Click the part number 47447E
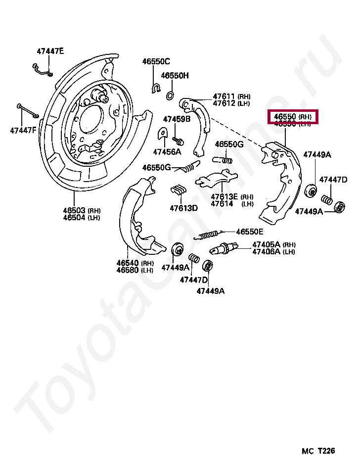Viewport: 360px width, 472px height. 50,51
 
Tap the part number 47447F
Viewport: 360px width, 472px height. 23,131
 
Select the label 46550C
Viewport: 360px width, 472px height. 156,61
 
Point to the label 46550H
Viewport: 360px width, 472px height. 175,76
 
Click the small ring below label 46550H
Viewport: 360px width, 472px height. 170,94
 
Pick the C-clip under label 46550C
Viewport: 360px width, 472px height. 155,89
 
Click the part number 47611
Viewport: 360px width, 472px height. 224,96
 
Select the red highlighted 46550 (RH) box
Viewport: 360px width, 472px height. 293,117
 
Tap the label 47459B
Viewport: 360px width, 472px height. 177,119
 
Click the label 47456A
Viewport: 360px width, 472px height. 167,151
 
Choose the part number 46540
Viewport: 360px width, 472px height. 128,263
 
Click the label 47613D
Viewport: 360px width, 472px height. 184,208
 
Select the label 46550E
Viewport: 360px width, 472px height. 250,232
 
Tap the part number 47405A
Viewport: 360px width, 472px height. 266,244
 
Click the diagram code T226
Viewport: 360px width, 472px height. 326,451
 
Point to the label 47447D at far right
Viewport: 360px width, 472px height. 333,180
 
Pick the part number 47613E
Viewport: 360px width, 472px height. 225,196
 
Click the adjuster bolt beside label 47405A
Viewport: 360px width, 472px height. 225,247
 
